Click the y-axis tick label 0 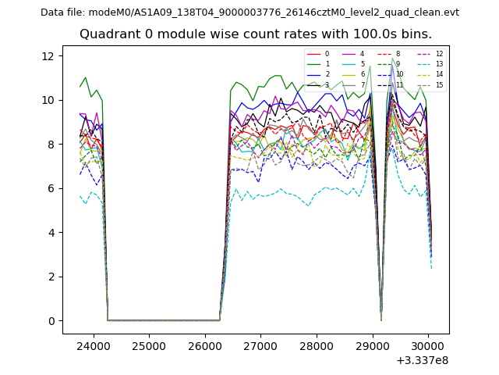[x=51, y=321]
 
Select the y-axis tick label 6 [x=51, y=188]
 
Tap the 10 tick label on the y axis [x=48, y=100]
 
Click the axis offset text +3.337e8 [x=423, y=360]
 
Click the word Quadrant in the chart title [x=108, y=34]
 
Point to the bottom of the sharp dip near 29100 [x=380, y=319]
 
